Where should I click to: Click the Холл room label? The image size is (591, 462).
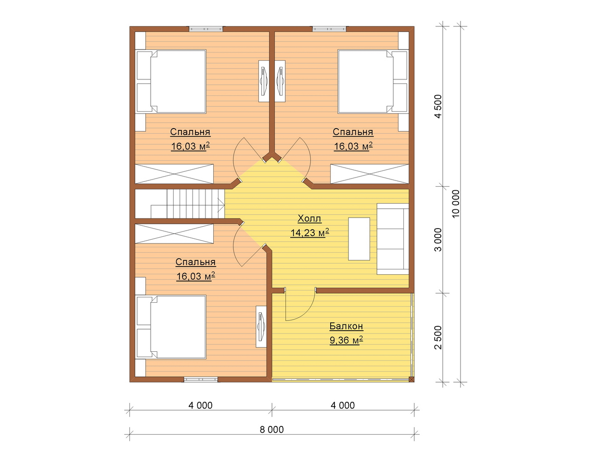coord(309,218)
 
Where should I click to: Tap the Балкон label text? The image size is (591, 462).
coord(346,326)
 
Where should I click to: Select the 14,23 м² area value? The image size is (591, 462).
coord(310,232)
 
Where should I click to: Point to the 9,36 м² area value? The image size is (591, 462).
coord(346,340)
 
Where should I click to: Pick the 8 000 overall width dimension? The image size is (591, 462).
coord(272,429)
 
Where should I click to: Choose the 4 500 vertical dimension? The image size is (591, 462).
coord(438,106)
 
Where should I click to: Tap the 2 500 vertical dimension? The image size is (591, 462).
coord(438,337)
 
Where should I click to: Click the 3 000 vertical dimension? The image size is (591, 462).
coord(438,240)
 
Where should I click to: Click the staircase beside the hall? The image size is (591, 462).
coord(180,204)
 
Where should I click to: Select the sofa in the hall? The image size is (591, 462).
coord(393,239)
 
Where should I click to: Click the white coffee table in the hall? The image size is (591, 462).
coord(359,239)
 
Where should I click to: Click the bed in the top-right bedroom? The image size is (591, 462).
coord(373,82)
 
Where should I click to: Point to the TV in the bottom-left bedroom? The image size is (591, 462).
coord(261,327)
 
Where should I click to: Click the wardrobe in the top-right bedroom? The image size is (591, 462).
coord(370,174)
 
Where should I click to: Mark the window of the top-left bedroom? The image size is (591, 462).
coord(206,29)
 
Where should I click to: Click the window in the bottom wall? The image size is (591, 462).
coord(201,379)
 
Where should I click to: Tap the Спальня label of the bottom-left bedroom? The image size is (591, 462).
coord(195,262)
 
